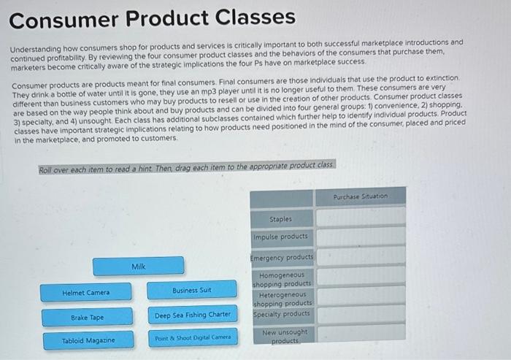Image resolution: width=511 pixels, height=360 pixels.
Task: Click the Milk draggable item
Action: (x=139, y=267)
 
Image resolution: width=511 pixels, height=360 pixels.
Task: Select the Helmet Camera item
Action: (x=86, y=292)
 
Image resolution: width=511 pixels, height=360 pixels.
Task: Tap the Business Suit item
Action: (x=191, y=290)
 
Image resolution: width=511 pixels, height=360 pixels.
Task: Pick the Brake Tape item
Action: (x=87, y=318)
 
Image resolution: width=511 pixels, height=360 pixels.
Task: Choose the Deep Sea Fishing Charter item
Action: (x=193, y=315)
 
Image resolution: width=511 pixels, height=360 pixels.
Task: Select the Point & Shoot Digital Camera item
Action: (x=193, y=337)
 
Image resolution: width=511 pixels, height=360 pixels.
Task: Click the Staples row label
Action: (x=281, y=218)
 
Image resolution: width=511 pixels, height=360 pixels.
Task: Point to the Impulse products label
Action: (x=281, y=237)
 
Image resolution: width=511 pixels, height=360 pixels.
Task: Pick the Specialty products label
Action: (x=281, y=314)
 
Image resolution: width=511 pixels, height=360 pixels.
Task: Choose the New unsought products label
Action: (x=281, y=336)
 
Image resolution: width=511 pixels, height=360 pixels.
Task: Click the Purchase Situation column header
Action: (x=361, y=196)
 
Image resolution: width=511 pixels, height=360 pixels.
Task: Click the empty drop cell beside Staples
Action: (x=361, y=217)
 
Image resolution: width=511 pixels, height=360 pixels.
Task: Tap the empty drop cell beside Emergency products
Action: (x=361, y=256)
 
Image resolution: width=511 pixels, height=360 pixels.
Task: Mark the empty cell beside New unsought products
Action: (x=361, y=335)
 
